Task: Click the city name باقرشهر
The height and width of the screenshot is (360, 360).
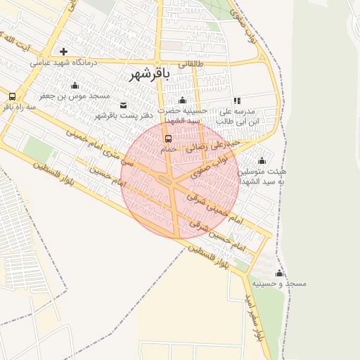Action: (149, 74)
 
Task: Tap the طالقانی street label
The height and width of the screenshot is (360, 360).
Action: (191, 63)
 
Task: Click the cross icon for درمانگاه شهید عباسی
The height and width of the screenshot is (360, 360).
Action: (64, 51)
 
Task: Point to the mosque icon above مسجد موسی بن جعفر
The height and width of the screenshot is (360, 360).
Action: (75, 85)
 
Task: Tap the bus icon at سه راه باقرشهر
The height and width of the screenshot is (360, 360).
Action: (12, 96)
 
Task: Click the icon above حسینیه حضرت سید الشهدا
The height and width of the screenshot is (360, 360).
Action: (183, 100)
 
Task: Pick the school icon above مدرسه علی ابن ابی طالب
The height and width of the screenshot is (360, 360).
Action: (237, 101)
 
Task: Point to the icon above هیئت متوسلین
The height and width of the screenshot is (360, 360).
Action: (262, 160)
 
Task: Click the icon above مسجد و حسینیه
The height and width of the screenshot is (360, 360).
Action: (280, 273)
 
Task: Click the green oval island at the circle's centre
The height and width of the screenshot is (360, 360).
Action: (167, 181)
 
